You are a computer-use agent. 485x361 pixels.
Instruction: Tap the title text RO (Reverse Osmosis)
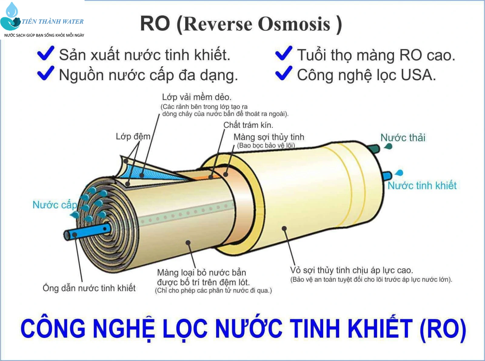241,24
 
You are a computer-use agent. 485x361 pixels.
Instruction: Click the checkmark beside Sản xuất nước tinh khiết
46,53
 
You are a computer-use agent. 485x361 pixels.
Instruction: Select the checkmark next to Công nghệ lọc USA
284,73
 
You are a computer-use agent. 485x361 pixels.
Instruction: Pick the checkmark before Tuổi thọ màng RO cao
284,53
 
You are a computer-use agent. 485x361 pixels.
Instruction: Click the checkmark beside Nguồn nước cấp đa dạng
46,73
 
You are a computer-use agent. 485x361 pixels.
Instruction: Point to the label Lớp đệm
133,137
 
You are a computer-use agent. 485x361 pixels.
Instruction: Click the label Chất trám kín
248,125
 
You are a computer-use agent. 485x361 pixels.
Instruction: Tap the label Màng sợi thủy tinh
269,137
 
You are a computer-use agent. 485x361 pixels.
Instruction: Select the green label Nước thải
403,138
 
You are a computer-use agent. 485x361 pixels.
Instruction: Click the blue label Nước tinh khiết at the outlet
422,185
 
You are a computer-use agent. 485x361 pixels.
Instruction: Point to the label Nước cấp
55,205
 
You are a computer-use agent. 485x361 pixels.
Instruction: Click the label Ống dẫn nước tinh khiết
89,288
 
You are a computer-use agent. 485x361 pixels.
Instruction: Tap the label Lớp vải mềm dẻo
197,97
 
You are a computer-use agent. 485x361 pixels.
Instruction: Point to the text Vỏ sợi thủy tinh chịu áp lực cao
351,270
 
